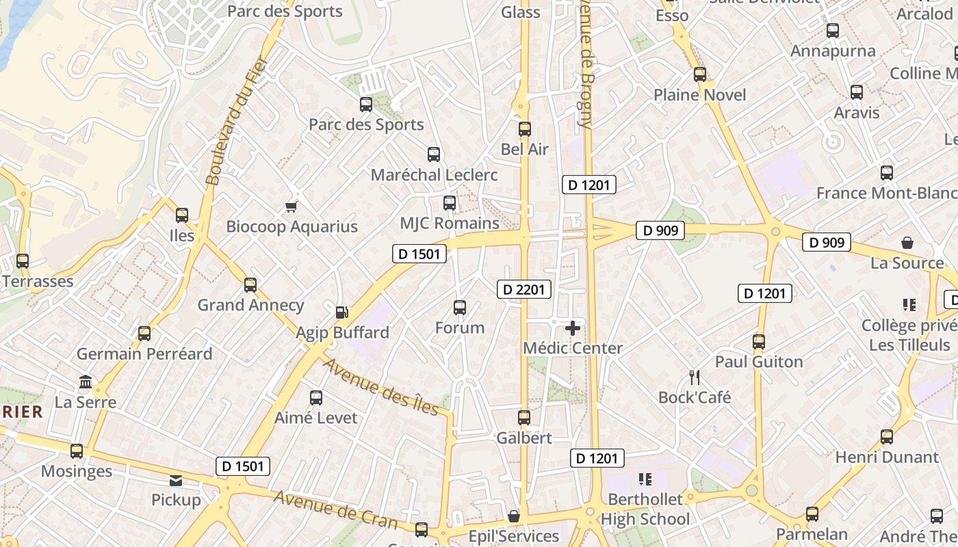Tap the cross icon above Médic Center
(x=573, y=328)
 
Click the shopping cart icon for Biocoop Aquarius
(x=292, y=206)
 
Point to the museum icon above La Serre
(x=86, y=382)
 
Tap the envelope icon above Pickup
(x=176, y=481)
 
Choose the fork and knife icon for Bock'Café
(x=695, y=377)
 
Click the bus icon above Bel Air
(x=525, y=129)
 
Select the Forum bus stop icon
(x=460, y=308)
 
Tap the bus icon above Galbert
(x=524, y=417)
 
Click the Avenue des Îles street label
(x=380, y=386)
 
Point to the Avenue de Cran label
(x=335, y=509)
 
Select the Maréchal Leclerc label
(x=434, y=175)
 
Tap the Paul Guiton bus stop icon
(x=759, y=342)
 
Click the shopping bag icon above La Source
(x=907, y=243)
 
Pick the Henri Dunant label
(x=887, y=457)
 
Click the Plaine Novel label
(x=700, y=95)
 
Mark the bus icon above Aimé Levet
(x=316, y=398)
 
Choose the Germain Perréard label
(x=144, y=353)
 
